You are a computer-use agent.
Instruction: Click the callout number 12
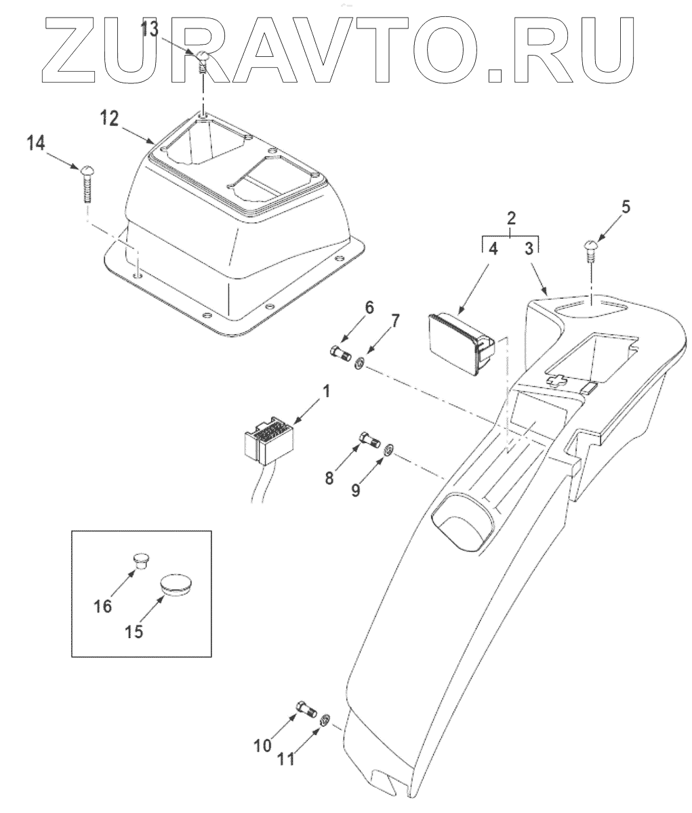[x=110, y=119]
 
